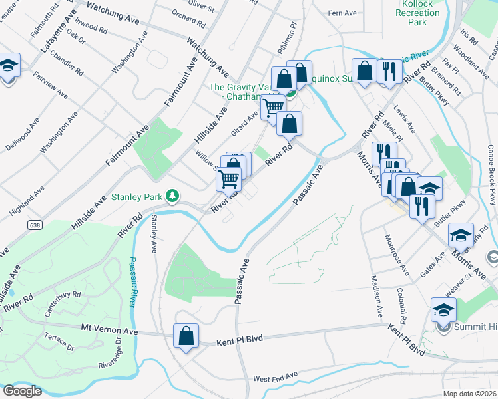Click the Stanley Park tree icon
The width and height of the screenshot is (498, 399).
coord(173,196)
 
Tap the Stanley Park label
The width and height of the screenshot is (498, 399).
coord(136,197)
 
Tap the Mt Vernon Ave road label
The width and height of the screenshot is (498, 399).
coord(109,331)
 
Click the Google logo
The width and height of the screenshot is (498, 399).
coord(22,390)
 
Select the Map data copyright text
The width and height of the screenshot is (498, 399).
coord(470,394)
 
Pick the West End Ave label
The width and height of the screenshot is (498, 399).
coord(275,378)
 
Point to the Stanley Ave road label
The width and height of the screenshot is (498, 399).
coord(154,233)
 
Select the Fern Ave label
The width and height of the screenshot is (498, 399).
coord(344,13)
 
